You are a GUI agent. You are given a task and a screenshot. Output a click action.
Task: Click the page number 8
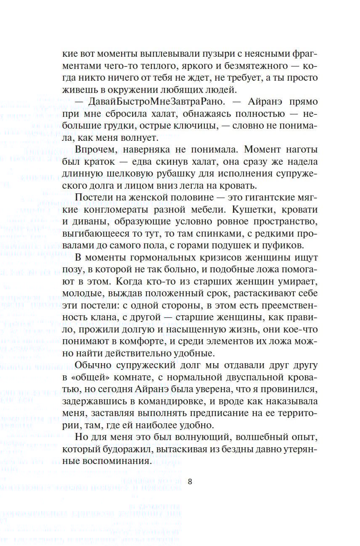point(190,482)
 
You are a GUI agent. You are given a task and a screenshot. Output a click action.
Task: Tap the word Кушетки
point(248,209)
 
